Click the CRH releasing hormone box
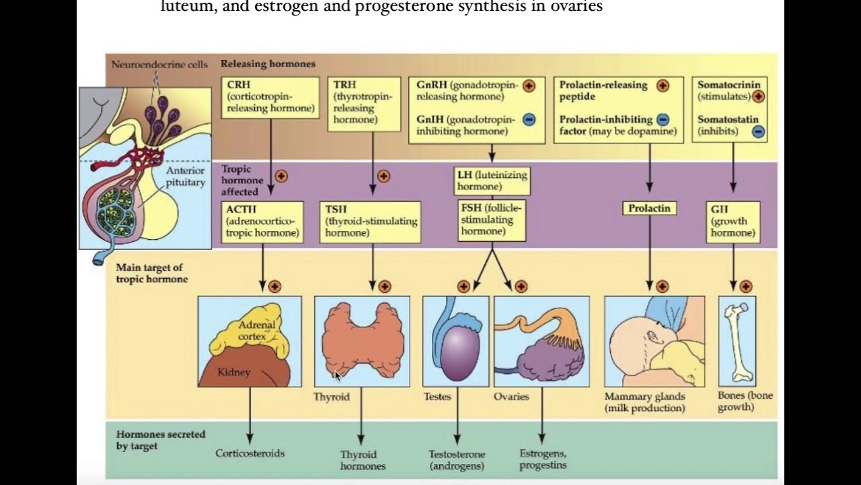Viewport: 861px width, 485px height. click(x=270, y=97)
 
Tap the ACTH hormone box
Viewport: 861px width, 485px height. click(x=262, y=222)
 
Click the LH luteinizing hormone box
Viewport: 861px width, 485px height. click(x=492, y=181)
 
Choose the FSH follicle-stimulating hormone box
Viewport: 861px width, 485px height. click(x=492, y=220)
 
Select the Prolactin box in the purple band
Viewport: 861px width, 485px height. click(x=649, y=208)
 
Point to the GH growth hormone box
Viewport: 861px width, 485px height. click(x=733, y=222)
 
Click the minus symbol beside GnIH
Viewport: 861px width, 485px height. click(x=529, y=120)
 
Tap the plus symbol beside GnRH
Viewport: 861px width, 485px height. click(x=529, y=86)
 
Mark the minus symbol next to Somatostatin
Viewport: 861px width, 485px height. click(x=758, y=131)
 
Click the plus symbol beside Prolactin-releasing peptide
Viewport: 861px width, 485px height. click(x=663, y=86)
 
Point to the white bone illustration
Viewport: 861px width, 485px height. click(x=737, y=341)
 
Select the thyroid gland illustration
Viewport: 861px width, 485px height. click(x=362, y=339)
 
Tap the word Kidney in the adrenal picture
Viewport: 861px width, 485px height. click(x=233, y=372)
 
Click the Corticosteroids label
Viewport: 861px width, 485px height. click(x=250, y=453)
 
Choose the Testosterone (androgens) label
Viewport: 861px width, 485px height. click(x=457, y=459)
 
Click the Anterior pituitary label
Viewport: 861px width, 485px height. click(x=185, y=176)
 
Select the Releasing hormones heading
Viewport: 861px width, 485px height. click(x=268, y=64)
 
